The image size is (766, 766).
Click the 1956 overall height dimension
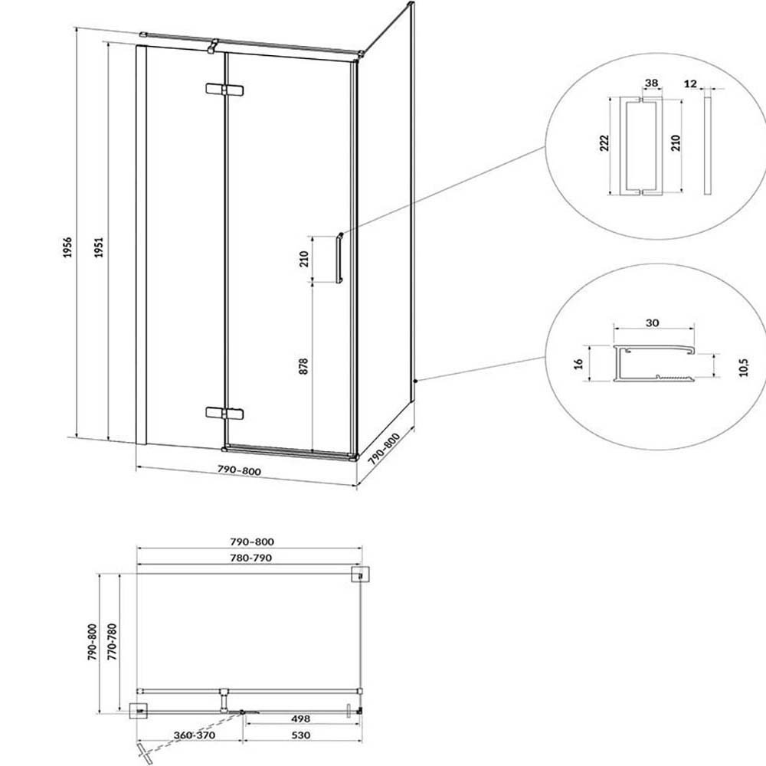pos(67,247)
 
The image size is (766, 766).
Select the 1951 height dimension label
pos(99,247)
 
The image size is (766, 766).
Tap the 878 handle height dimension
pos(303,366)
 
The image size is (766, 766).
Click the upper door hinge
pos(224,90)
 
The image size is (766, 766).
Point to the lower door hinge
pos(224,414)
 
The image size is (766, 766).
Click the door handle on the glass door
pos(339,257)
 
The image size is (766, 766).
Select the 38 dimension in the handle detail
pos(651,83)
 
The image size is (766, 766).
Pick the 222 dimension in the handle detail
pos(605,142)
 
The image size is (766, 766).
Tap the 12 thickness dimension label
pos(690,83)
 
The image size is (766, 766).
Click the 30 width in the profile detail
pos(652,323)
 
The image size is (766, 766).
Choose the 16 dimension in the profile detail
pos(579,363)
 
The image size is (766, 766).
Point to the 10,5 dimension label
pos(744,367)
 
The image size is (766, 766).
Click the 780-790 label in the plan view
pos(251,558)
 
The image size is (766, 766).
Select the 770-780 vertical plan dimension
pos(113,642)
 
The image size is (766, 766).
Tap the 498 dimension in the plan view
pos(300,719)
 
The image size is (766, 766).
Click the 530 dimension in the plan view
pos(300,735)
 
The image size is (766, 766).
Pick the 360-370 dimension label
pos(195,735)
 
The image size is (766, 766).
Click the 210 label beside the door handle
pos(304,258)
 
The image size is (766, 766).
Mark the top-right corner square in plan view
pos(361,574)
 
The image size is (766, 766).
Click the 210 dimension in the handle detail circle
pos(675,142)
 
